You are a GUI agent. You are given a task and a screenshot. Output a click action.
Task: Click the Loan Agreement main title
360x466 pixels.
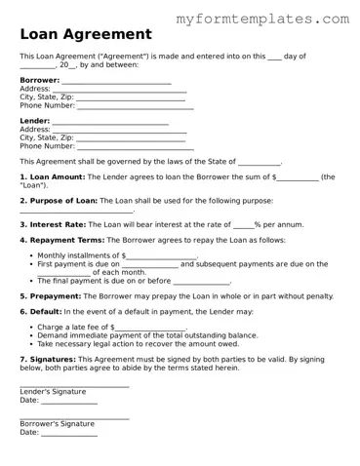click(x=85, y=34)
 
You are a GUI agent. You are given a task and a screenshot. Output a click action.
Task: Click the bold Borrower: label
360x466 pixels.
click(x=40, y=80)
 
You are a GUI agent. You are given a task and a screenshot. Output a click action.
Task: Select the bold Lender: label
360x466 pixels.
click(x=36, y=121)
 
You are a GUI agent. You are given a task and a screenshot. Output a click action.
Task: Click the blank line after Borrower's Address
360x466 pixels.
click(x=118, y=90)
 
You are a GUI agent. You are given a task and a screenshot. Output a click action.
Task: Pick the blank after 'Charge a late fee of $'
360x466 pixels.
click(x=150, y=329)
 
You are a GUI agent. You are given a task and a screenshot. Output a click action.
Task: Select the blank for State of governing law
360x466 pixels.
click(x=260, y=163)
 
